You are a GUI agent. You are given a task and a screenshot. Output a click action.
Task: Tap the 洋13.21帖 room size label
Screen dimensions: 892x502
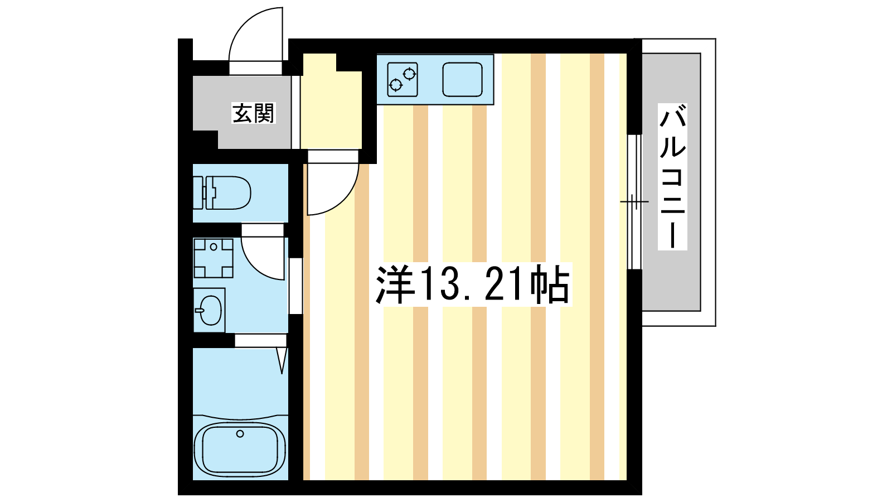[x=473, y=284]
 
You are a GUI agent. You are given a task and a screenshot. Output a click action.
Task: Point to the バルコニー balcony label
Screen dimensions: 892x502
[x=672, y=176]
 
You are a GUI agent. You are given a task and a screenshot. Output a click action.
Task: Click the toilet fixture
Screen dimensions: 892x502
[x=222, y=193]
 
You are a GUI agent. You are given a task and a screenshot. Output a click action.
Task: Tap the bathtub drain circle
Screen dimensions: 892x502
[x=240, y=433]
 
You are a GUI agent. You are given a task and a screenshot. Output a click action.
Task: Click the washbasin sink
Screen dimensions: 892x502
[x=210, y=310]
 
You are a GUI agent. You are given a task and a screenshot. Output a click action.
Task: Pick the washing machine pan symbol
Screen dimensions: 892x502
[x=214, y=258]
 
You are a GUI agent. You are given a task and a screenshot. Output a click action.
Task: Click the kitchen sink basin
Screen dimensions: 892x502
[x=462, y=79]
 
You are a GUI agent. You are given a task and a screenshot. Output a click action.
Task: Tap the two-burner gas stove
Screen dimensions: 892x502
[x=403, y=79]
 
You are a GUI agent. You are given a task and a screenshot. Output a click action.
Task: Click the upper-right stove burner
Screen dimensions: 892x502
[x=409, y=74]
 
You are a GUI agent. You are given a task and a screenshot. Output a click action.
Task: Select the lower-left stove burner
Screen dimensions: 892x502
[x=395, y=85]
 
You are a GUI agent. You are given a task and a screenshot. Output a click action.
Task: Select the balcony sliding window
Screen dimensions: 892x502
[x=634, y=202]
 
